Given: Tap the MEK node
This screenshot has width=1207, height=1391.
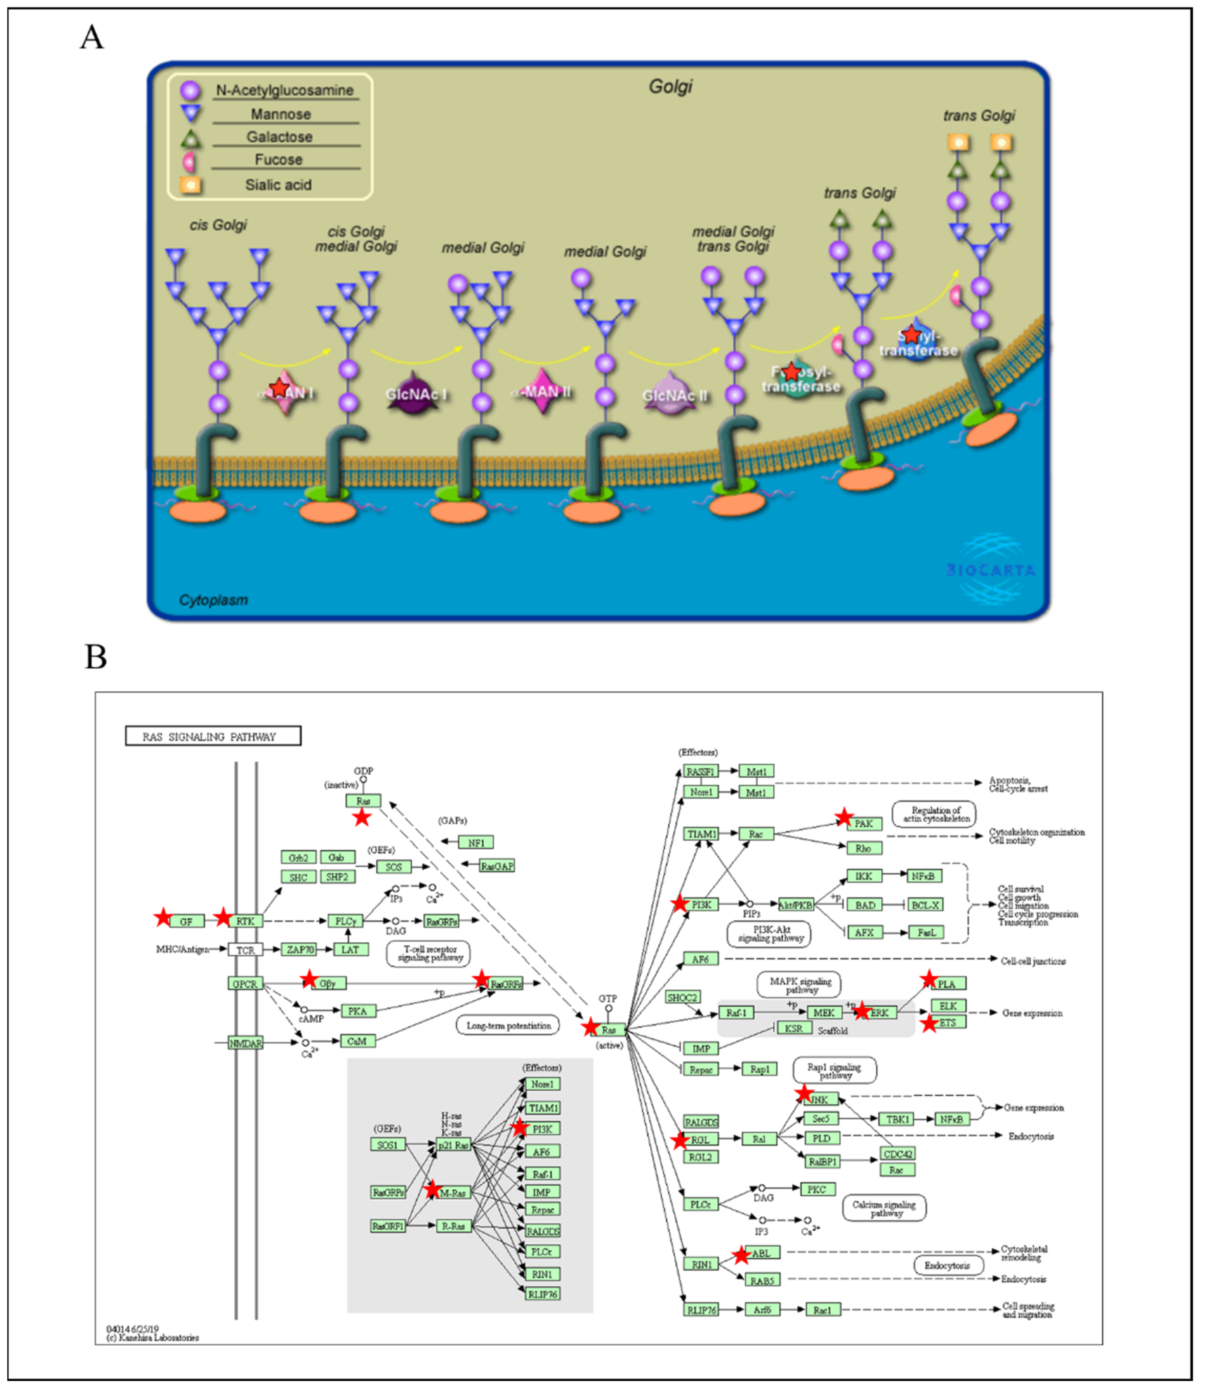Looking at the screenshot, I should coord(823,1012).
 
